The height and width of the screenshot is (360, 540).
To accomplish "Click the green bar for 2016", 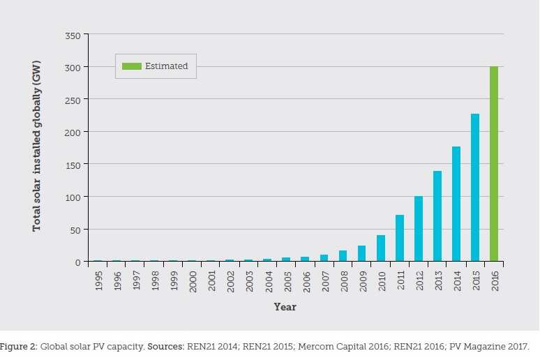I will coord(494,164).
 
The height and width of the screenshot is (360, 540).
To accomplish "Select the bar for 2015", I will coord(475,188).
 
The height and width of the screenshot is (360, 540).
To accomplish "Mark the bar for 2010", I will coord(381,248).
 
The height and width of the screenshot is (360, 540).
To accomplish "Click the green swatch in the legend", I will coord(131,66).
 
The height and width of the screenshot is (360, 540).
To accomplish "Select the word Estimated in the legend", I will coord(166,66).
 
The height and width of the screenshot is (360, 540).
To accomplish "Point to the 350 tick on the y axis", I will coord(72,35).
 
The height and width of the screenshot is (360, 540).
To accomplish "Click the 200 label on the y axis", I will coord(72,132).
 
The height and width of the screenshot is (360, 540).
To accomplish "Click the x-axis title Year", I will coord(285,307).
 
